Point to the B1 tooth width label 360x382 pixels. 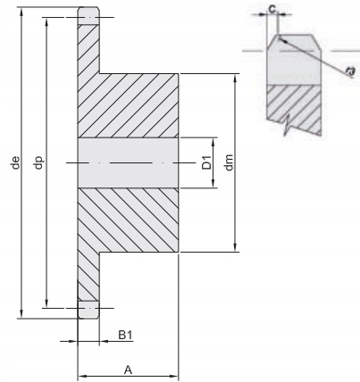(126, 336)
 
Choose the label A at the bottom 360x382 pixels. (129, 368)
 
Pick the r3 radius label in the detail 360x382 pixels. (350, 70)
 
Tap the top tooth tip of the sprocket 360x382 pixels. (88, 14)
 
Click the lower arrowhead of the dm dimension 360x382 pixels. (235, 249)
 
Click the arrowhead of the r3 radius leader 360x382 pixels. (280, 38)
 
